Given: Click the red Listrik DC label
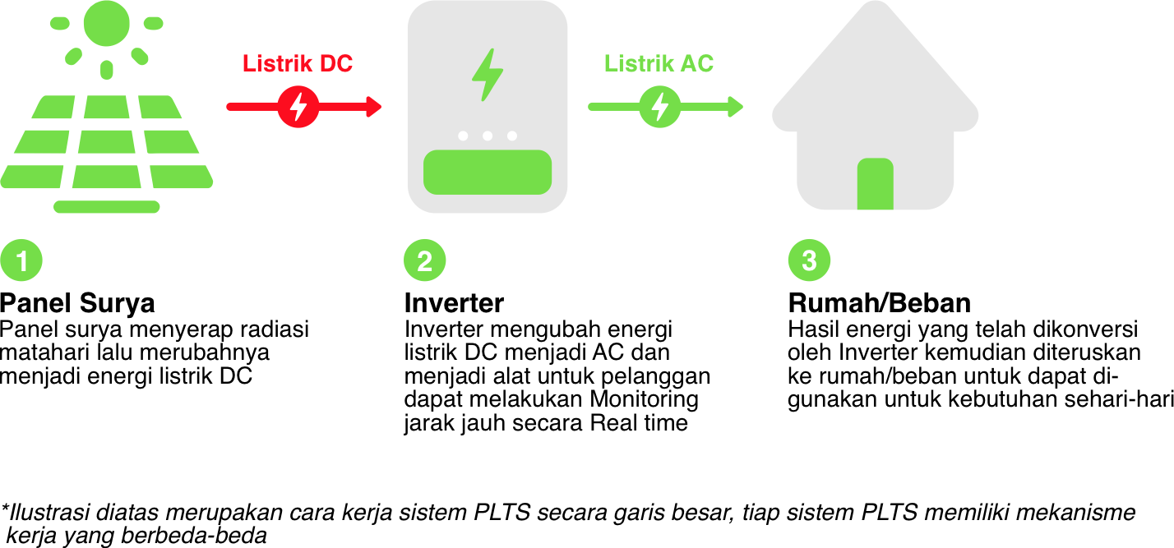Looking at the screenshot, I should pyautogui.click(x=297, y=64).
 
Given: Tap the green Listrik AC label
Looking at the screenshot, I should pyautogui.click(x=659, y=64).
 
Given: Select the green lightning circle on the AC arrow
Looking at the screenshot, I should pyautogui.click(x=659, y=107).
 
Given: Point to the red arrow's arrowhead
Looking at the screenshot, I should pyautogui.click(x=375, y=107).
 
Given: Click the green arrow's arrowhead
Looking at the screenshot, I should pyautogui.click(x=736, y=107).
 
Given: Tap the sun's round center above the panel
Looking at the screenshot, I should pyautogui.click(x=106, y=22).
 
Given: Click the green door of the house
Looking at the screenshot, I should pyautogui.click(x=875, y=184).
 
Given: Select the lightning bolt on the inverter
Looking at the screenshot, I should pyautogui.click(x=487, y=76).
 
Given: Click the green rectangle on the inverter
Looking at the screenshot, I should pyautogui.click(x=487, y=172).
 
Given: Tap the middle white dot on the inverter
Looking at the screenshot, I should pyautogui.click(x=488, y=136).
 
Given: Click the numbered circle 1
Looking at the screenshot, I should pyautogui.click(x=21, y=261).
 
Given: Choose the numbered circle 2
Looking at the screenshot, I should pyautogui.click(x=425, y=261).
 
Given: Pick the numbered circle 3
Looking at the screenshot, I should pyautogui.click(x=809, y=261).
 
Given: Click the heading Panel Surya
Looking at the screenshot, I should pyautogui.click(x=77, y=302).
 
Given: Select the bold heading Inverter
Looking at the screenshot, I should pyautogui.click(x=454, y=302).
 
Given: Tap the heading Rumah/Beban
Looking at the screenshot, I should pyautogui.click(x=879, y=302).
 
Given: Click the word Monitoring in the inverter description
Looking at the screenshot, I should pyautogui.click(x=645, y=400).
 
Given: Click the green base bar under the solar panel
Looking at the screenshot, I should pyautogui.click(x=106, y=206).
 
